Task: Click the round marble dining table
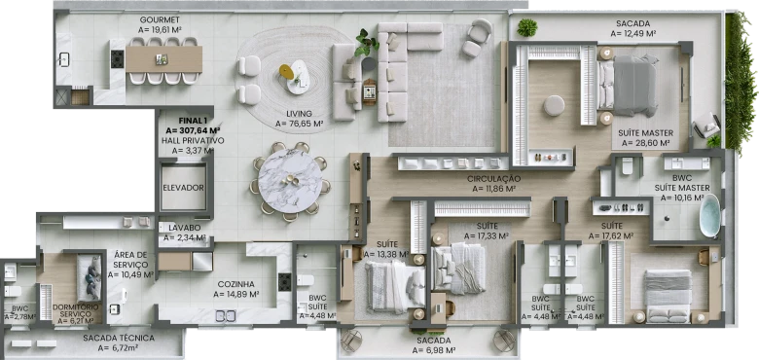click(289, 181)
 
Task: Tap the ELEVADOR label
click(184, 188)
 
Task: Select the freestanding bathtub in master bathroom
click(710, 215)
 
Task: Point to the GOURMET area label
click(160, 19)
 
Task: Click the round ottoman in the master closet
click(555, 105)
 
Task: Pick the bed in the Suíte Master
click(628, 86)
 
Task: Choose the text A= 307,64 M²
click(193, 130)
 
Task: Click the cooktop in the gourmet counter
click(118, 59)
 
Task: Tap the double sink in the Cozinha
click(225, 316)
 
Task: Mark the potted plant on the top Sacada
click(526, 27)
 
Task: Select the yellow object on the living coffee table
click(286, 72)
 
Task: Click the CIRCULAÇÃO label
click(493, 179)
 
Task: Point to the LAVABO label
click(185, 228)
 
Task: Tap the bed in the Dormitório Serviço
click(90, 277)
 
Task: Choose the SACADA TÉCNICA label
click(119, 338)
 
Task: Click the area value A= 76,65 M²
click(299, 124)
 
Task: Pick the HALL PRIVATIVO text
click(193, 141)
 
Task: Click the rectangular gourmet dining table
click(163, 59)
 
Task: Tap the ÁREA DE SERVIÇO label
click(130, 260)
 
